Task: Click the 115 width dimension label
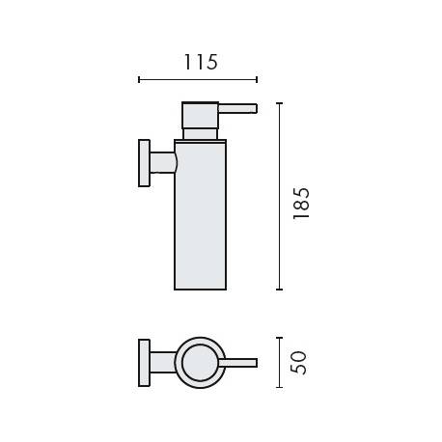click(x=200, y=63)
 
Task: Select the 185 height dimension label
click(x=300, y=204)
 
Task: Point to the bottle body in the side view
click(x=200, y=217)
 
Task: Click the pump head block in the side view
click(x=201, y=114)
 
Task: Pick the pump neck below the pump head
click(x=201, y=134)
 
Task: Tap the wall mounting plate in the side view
click(x=144, y=163)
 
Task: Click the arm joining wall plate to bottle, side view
click(x=162, y=163)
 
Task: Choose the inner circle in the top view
click(x=200, y=363)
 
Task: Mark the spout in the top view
click(x=240, y=363)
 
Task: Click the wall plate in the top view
click(x=144, y=363)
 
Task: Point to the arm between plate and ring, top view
click(x=161, y=363)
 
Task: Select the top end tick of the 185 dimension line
click(x=279, y=102)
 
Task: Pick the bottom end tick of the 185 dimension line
click(x=279, y=289)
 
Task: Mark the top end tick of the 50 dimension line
click(x=279, y=338)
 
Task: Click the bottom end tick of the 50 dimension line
click(x=279, y=387)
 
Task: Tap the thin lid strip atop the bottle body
click(x=200, y=142)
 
